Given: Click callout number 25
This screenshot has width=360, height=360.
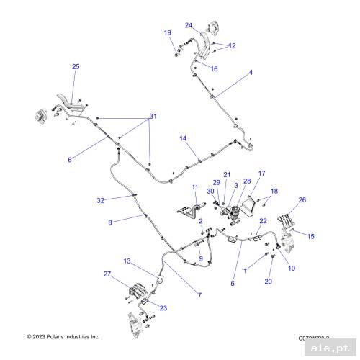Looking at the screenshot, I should point(76,67).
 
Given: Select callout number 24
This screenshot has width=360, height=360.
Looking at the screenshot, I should point(189,25).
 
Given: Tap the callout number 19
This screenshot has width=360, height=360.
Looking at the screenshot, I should point(167,33).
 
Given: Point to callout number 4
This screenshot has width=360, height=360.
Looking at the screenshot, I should point(251,73).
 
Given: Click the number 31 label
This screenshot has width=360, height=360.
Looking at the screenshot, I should point(152,117).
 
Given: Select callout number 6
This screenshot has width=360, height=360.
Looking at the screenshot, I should point(69,160).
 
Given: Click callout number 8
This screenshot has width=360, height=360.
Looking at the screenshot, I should point(110,223).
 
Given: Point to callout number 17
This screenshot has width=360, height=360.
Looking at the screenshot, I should point(262,174).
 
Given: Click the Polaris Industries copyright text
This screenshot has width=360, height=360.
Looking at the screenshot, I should point(63,337).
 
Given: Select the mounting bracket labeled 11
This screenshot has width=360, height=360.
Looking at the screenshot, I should point(188,213).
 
